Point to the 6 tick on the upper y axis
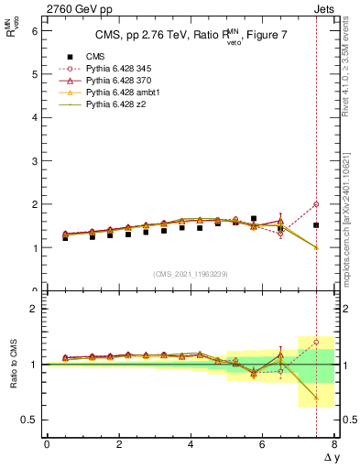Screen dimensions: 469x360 point(36,30)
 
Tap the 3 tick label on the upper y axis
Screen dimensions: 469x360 point(36,161)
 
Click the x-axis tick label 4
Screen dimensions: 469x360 point(191,445)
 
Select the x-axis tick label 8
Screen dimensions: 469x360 point(334,445)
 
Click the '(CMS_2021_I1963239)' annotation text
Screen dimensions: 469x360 point(191,274)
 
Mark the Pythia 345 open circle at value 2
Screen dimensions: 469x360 point(316,204)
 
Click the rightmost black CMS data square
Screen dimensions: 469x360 point(316,225)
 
